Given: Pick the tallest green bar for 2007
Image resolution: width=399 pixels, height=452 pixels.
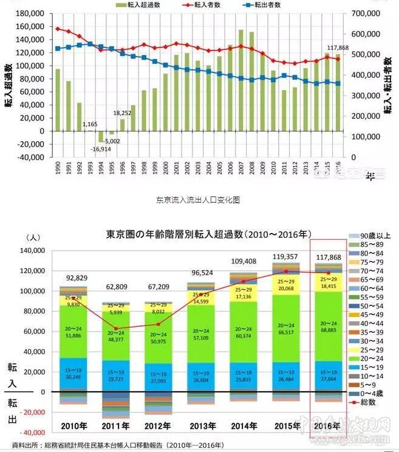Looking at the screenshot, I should (x=241, y=79).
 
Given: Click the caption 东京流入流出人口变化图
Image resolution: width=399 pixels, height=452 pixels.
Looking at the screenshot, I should (x=189, y=200).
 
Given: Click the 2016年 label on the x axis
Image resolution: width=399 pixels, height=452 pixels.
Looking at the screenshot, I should (x=328, y=425).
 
